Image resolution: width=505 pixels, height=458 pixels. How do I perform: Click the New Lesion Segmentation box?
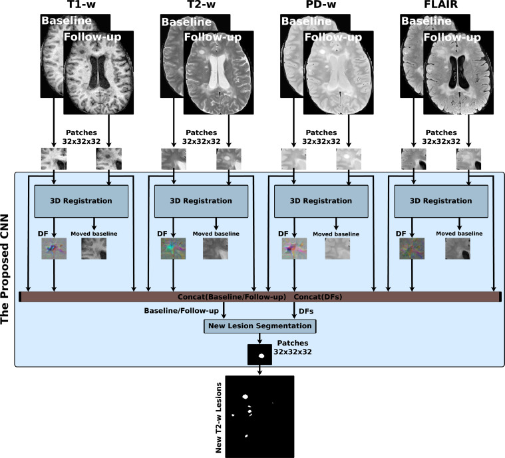[259, 326]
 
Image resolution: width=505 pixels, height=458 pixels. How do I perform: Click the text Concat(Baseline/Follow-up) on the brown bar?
[230, 296]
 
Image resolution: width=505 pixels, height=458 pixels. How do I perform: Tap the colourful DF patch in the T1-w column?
[54, 248]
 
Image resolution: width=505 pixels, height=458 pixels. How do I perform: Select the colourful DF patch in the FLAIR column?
[414, 248]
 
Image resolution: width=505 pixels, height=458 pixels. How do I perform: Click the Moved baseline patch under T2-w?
[215, 248]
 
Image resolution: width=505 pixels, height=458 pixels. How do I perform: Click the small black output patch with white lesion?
[260, 355]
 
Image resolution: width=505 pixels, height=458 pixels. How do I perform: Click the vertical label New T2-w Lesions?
[218, 417]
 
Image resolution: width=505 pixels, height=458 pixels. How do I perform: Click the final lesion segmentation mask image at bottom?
[259, 417]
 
